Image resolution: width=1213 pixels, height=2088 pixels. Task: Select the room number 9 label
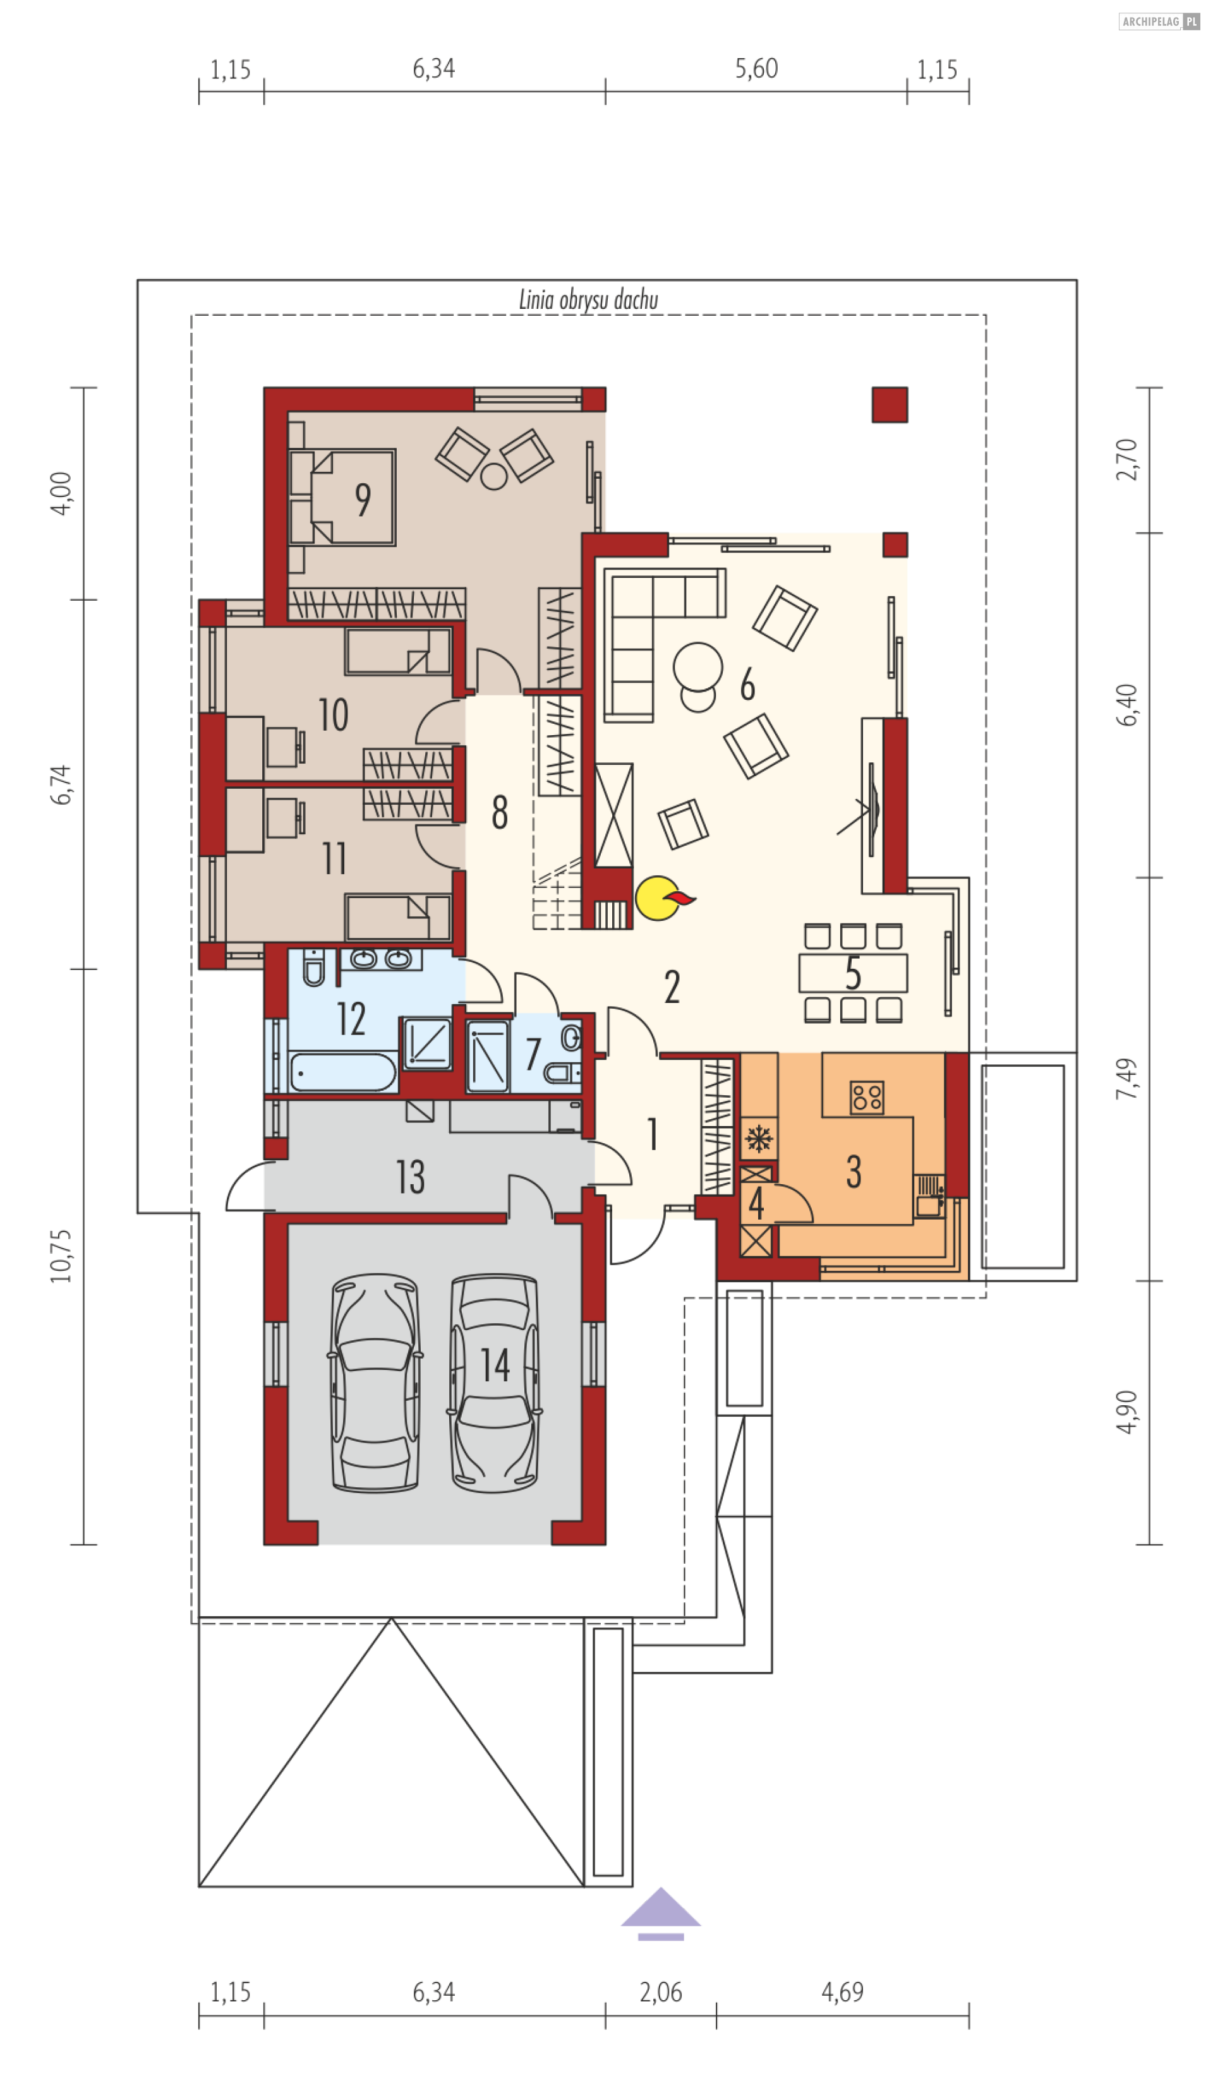click(x=363, y=500)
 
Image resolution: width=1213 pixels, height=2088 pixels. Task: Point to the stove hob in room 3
click(x=867, y=1097)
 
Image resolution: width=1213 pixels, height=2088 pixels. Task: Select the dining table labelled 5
click(x=853, y=973)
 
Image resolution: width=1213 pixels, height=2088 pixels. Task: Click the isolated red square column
click(x=890, y=405)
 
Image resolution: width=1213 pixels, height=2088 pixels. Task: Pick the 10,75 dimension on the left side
click(x=61, y=1256)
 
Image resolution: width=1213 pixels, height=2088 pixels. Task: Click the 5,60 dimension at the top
click(x=756, y=69)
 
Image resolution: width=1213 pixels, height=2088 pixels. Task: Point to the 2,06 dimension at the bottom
click(x=660, y=1992)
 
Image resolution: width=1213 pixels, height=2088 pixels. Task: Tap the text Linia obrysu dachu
click(x=588, y=299)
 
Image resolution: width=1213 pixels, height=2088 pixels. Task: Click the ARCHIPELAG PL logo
click(x=1158, y=21)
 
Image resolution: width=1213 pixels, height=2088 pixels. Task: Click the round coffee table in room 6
click(x=697, y=665)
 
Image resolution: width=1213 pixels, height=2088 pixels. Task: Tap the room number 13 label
click(x=410, y=1177)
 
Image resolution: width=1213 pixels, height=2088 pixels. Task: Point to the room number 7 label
click(x=533, y=1055)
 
